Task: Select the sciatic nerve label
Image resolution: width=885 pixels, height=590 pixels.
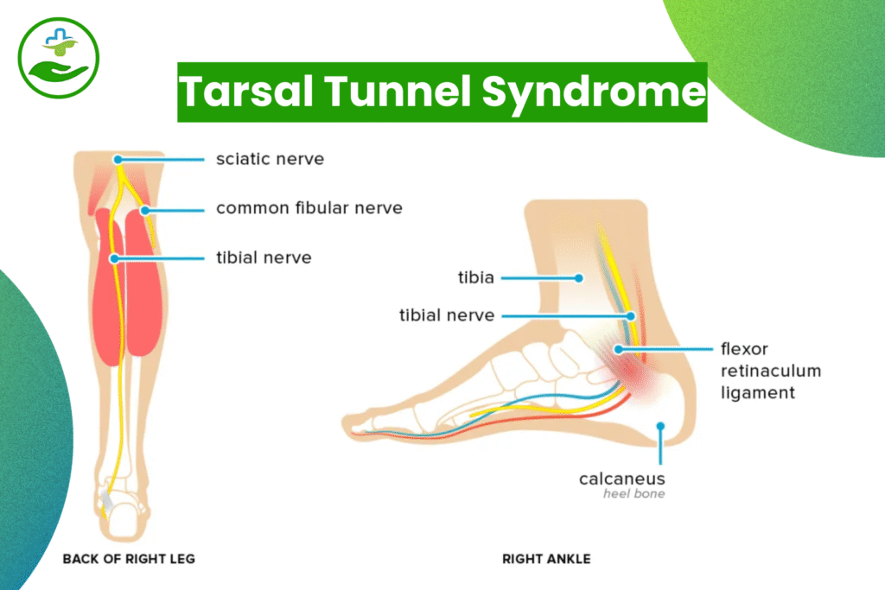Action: [x=270, y=159]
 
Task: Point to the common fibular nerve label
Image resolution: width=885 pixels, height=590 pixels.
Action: [x=309, y=208]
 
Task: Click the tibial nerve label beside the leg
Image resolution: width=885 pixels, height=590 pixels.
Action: [x=264, y=257]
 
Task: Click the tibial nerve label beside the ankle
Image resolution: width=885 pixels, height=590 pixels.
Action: [x=447, y=315]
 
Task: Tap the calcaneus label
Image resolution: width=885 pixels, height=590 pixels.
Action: [x=621, y=478]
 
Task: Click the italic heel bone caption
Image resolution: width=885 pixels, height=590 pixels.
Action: [x=634, y=495]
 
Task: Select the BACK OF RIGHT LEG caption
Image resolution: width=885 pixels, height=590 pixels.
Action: [x=129, y=559]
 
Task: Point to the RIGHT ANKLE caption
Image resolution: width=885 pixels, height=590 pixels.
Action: [x=546, y=559]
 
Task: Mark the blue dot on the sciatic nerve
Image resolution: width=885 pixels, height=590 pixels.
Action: [x=118, y=159]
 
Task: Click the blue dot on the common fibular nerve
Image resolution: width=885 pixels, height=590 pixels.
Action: [x=145, y=209]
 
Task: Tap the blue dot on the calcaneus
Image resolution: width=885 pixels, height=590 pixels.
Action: [x=660, y=426]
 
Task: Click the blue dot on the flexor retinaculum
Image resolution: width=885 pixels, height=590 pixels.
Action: [x=619, y=349]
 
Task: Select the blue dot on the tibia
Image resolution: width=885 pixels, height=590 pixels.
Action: [x=581, y=277]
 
